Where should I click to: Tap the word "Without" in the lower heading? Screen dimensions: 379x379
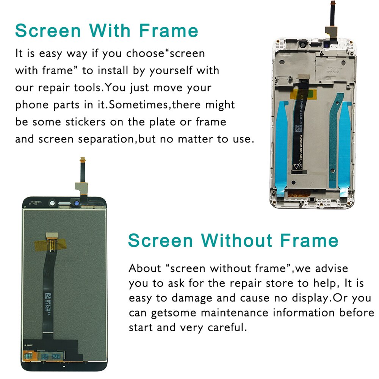(x=240, y=240)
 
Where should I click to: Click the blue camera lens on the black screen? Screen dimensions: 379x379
(x=76, y=204)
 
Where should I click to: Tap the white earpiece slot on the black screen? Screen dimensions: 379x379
(x=64, y=204)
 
